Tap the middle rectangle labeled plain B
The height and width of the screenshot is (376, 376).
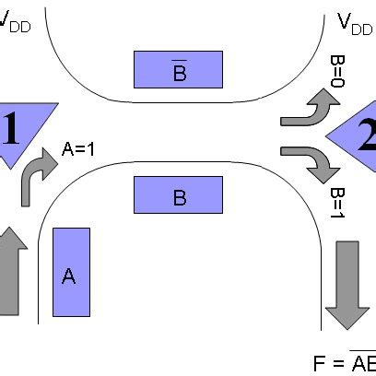click(x=178, y=194)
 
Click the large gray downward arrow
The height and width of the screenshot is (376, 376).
click(x=348, y=284)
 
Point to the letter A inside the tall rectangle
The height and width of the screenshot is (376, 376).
click(x=68, y=276)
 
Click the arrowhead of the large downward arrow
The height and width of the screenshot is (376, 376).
click(x=348, y=313)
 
